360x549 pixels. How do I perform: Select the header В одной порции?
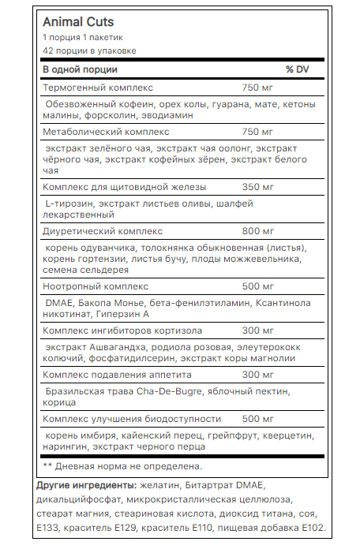click(x=81, y=70)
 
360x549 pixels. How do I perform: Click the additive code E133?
click(x=51, y=528)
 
